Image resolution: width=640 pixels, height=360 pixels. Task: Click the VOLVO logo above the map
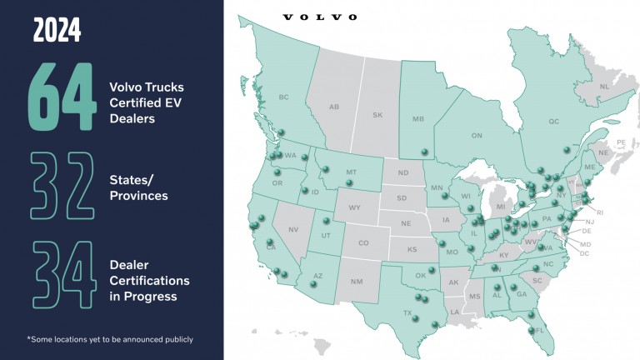pos(320,17)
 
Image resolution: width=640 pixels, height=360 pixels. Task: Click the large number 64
pos(62,97)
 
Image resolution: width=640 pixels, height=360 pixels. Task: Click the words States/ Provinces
pos(138,187)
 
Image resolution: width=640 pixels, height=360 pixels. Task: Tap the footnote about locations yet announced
pos(110,339)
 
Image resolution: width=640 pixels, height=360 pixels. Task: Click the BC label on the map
pos(283,97)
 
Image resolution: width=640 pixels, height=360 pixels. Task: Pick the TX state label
pos(408,313)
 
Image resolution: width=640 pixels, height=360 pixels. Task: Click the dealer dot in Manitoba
pos(424,151)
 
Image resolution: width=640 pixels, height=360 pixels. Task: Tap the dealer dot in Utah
pos(326,221)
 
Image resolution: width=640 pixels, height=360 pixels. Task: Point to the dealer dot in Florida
pos(530,332)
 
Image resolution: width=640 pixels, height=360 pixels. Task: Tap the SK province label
pos(377,115)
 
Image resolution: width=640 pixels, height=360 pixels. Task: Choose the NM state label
pos(357,282)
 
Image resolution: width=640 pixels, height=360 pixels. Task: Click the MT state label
pos(351,172)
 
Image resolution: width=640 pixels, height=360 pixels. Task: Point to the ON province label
pos(477,135)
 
